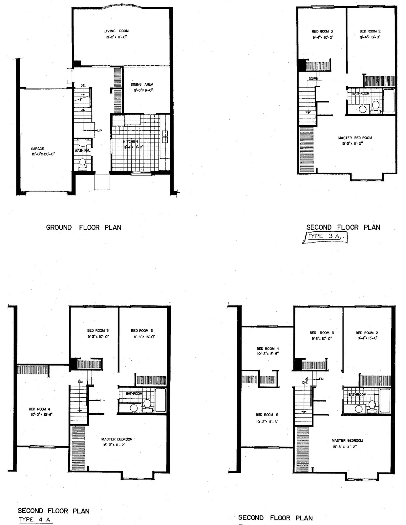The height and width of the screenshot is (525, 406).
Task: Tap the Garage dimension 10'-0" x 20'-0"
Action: pyautogui.click(x=41, y=154)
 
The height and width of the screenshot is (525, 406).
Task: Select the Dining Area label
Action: pyautogui.click(x=142, y=84)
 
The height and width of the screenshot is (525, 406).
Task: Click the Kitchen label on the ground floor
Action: pyautogui.click(x=131, y=141)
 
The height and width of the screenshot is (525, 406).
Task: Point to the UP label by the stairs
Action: pyautogui.click(x=99, y=131)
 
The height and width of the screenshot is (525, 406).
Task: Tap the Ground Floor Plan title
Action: pyautogui.click(x=84, y=227)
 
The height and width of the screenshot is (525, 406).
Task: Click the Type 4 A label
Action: pyautogui.click(x=35, y=519)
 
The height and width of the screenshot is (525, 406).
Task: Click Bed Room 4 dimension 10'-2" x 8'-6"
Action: pyautogui.click(x=268, y=354)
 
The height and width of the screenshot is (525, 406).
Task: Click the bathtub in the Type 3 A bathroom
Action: pyautogui.click(x=389, y=100)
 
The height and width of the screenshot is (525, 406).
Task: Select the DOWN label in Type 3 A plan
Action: pyautogui.click(x=313, y=79)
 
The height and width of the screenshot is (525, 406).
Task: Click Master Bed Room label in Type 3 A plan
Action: pyautogui.click(x=355, y=138)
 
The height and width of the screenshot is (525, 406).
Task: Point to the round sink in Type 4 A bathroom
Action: pyautogui.click(x=134, y=408)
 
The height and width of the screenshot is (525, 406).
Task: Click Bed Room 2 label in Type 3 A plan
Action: pyautogui.click(x=370, y=31)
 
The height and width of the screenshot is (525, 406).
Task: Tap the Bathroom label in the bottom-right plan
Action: pyautogui.click(x=357, y=394)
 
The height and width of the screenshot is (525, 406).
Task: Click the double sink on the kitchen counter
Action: pyautogui.click(x=165, y=136)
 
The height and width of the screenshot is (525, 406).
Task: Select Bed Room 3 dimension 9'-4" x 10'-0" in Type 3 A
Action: pyautogui.click(x=323, y=37)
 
